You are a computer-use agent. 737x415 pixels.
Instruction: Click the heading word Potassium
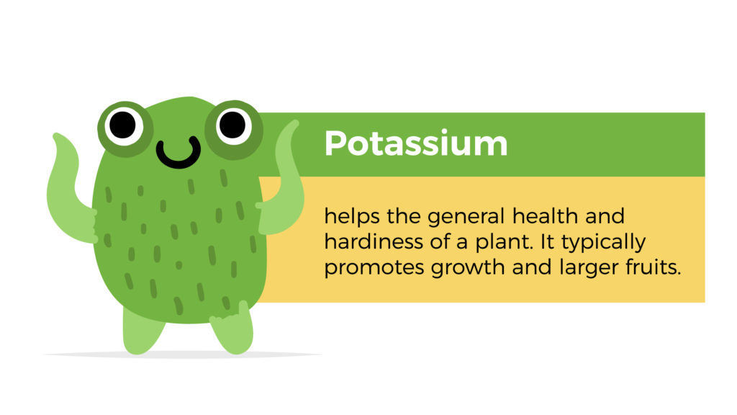tap(416, 143)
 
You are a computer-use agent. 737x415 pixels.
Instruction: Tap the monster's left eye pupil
tap(122, 125)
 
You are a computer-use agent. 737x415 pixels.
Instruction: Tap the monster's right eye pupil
tap(232, 125)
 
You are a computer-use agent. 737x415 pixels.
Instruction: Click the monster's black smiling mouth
tap(178, 153)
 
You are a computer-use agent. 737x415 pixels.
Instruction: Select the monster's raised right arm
tap(281, 184)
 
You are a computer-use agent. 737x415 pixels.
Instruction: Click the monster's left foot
tap(142, 330)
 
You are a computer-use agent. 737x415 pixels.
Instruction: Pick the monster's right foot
tap(232, 329)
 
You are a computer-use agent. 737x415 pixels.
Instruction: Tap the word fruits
tap(654, 267)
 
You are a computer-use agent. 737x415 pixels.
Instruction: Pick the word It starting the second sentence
tap(548, 242)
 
